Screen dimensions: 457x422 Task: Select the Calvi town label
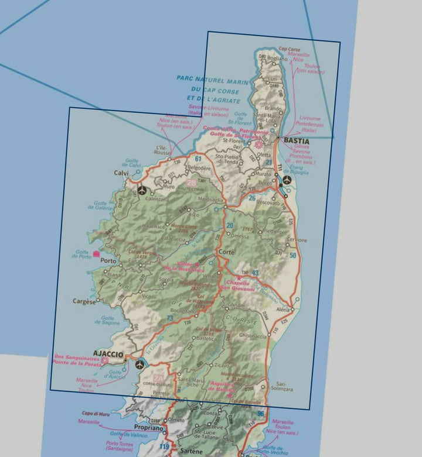tap(121, 173)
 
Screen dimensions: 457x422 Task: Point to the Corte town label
tap(226, 252)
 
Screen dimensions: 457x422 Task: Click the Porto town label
tap(108, 260)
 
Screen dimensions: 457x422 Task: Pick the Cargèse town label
tap(83, 302)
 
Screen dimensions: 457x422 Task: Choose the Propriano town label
tap(147, 428)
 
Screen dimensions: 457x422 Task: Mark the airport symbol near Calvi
tap(141, 190)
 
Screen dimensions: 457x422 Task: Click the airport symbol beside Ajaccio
tap(139, 365)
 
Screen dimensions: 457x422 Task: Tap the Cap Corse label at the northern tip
tap(290, 49)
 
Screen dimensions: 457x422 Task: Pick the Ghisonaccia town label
tap(253, 336)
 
